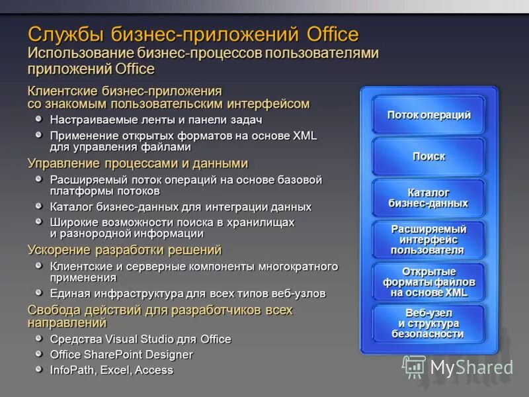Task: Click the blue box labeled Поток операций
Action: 428,115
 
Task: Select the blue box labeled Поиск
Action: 428,157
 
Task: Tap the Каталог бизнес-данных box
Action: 428,198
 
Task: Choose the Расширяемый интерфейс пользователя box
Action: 428,240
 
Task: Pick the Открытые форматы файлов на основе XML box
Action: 428,282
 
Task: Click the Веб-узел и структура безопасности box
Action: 428,324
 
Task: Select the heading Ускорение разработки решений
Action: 124,250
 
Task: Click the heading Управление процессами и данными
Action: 138,163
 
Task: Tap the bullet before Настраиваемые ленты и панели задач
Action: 40,119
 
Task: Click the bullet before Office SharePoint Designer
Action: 40,354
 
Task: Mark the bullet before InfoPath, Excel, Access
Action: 40,369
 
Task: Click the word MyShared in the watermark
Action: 471,367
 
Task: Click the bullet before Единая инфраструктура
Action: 40,292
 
